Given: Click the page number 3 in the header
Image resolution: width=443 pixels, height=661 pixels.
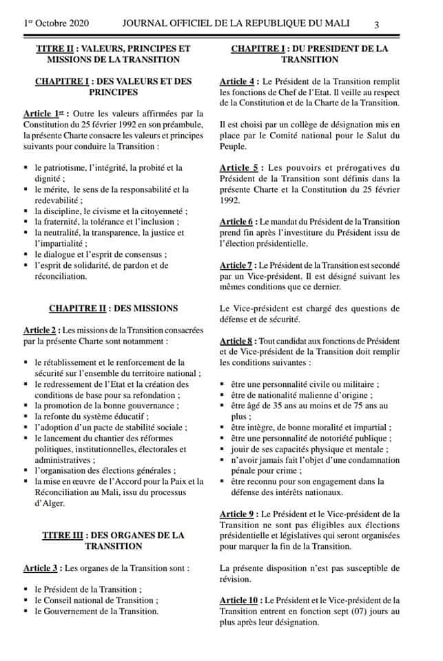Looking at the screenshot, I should click(x=377, y=25).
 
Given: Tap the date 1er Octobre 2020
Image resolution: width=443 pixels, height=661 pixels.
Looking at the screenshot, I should click(x=58, y=23).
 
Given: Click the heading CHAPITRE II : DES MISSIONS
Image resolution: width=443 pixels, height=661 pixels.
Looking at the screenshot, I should click(x=114, y=308).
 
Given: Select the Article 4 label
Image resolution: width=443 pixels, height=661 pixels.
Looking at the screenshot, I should click(x=238, y=81).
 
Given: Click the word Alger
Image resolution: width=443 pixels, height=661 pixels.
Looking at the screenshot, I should click(x=50, y=503).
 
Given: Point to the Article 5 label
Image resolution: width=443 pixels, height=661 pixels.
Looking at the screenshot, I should click(x=238, y=167).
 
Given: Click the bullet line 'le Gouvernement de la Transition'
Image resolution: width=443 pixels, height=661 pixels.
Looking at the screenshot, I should click(x=96, y=611).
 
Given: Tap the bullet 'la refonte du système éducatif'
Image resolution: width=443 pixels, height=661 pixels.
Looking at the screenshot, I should click(x=91, y=417).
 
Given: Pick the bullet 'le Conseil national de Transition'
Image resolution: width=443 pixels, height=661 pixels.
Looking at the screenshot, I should click(x=95, y=600).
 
